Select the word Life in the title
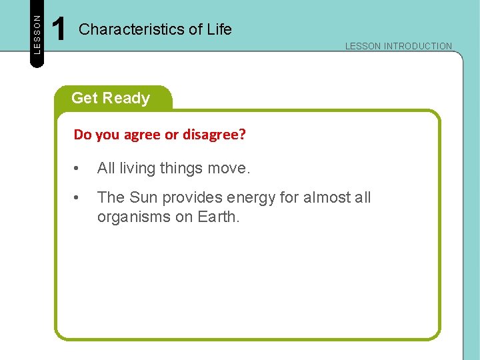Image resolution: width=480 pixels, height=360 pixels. point(219,29)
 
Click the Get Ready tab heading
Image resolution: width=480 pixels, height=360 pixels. point(111,98)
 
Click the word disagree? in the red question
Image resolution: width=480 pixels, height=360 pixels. point(214,135)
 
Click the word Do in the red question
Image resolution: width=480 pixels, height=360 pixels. point(82,135)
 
